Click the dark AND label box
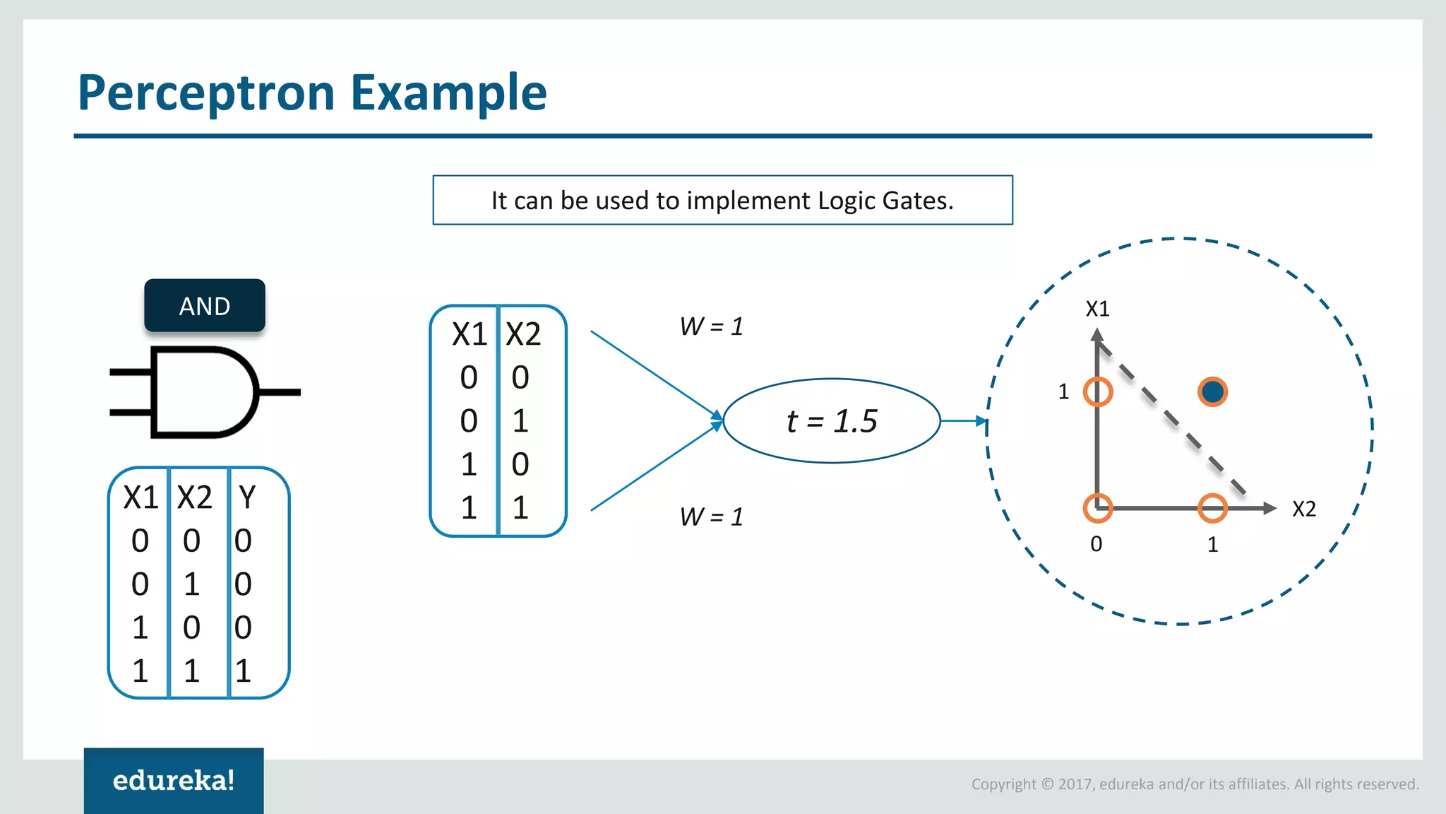pyautogui.click(x=205, y=306)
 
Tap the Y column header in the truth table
pyautogui.click(x=246, y=497)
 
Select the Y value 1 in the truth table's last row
pyautogui.click(x=243, y=671)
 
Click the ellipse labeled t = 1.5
pyautogui.click(x=832, y=421)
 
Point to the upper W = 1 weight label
pyautogui.click(x=711, y=326)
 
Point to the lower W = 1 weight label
pyautogui.click(x=711, y=517)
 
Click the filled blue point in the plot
pyautogui.click(x=1212, y=391)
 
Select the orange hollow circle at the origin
pyautogui.click(x=1098, y=508)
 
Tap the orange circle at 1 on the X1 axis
pyautogui.click(x=1098, y=391)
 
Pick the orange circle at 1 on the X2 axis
pyautogui.click(x=1212, y=508)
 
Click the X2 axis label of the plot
pyautogui.click(x=1303, y=509)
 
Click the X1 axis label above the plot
pyautogui.click(x=1097, y=309)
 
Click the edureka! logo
pyautogui.click(x=174, y=780)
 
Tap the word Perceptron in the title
pyautogui.click(x=206, y=93)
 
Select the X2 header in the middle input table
pyautogui.click(x=523, y=334)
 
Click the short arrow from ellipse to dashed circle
pyautogui.click(x=963, y=421)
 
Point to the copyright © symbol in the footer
pyautogui.click(x=1047, y=784)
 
